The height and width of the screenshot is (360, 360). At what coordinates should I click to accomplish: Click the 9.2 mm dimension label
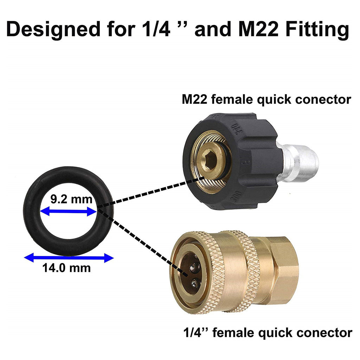point(71,199)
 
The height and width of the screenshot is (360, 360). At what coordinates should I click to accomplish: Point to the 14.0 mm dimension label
point(66,268)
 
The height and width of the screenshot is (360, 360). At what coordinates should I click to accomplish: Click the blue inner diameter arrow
point(68,211)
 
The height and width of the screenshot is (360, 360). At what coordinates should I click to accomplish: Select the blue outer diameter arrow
point(69,258)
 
